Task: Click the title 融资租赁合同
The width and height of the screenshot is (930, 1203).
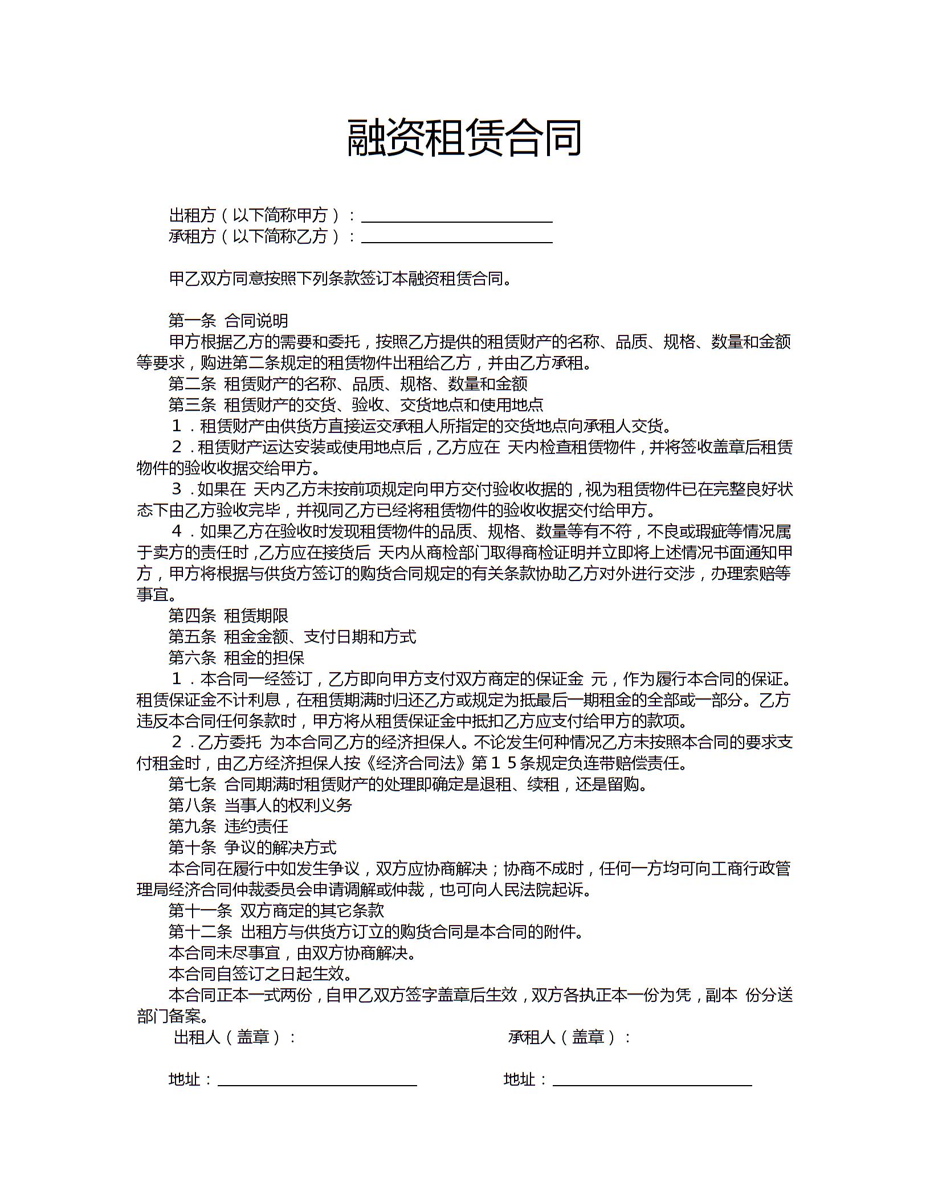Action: point(464,138)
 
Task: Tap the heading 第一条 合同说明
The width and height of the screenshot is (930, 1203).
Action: point(228,321)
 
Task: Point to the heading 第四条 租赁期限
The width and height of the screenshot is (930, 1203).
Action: point(228,616)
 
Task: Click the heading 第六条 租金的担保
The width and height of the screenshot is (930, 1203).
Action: point(236,658)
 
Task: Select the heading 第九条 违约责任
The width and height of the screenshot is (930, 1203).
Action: point(228,826)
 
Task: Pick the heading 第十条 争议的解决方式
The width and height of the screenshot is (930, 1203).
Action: point(252,848)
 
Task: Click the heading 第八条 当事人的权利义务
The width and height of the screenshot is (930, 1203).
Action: point(260,805)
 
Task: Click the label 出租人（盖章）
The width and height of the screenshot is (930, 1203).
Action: point(234,1037)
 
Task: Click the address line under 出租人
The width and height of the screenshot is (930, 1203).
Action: point(317,1080)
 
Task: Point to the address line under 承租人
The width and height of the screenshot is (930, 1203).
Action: point(652,1080)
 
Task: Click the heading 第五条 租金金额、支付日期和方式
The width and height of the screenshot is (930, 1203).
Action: point(292,637)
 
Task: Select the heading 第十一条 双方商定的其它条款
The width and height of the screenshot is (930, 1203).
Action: point(276,911)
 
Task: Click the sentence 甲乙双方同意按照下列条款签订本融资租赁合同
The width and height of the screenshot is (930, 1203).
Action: point(340,279)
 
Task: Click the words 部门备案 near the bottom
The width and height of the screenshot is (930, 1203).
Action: point(172,1017)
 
